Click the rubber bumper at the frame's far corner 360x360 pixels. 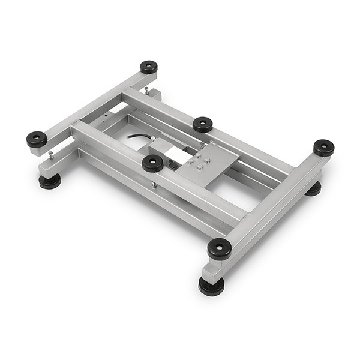pos(149,67)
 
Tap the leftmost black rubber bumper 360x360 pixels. pos(37,139)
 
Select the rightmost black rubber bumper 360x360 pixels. pos(323,147)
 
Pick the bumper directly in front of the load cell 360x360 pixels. pos(152,163)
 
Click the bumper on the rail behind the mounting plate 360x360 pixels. pos(203,124)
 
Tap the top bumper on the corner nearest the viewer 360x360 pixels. pos(219,248)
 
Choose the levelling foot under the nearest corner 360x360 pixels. pos(211,286)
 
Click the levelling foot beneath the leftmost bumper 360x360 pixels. pos(50,181)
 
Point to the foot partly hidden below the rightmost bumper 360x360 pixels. pos(313,188)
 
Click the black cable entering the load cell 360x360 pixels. pos(140,140)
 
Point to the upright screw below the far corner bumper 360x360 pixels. pos(146,91)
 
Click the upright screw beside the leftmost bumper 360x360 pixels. pos(51,155)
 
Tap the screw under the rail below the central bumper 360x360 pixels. pos(155,185)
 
